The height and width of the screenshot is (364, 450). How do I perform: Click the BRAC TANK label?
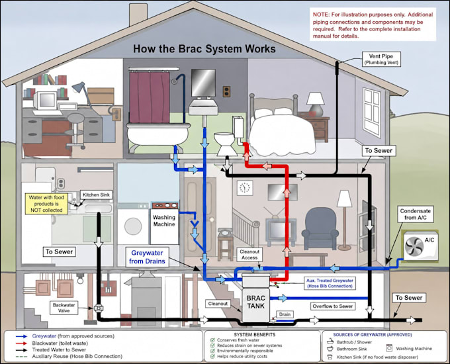(x=255, y=302)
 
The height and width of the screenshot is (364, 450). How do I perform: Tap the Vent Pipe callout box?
(x=381, y=59)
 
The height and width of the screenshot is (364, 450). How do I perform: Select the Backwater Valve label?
(x=64, y=308)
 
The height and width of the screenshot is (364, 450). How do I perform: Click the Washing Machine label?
(x=164, y=221)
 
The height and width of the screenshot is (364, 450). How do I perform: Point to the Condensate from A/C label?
(x=416, y=214)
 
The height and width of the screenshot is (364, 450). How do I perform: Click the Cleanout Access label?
(x=249, y=255)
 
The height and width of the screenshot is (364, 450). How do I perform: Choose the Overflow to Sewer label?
(x=333, y=306)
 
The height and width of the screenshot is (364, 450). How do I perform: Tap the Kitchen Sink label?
(x=96, y=195)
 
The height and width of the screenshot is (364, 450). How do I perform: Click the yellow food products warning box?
(x=46, y=204)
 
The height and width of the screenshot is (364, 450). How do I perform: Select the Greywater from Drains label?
(x=147, y=257)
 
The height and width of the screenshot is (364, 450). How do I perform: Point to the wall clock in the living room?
(x=245, y=188)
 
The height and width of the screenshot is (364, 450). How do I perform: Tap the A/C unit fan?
(x=414, y=246)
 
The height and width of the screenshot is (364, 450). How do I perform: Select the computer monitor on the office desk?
(x=46, y=101)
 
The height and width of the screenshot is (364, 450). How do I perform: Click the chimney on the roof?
(x=138, y=14)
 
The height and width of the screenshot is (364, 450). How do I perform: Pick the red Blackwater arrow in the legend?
(x=21, y=343)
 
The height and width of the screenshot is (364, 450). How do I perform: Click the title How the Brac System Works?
(x=204, y=49)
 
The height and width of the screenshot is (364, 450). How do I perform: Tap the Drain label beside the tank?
(x=285, y=314)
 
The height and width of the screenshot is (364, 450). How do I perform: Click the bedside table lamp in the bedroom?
(x=316, y=104)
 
